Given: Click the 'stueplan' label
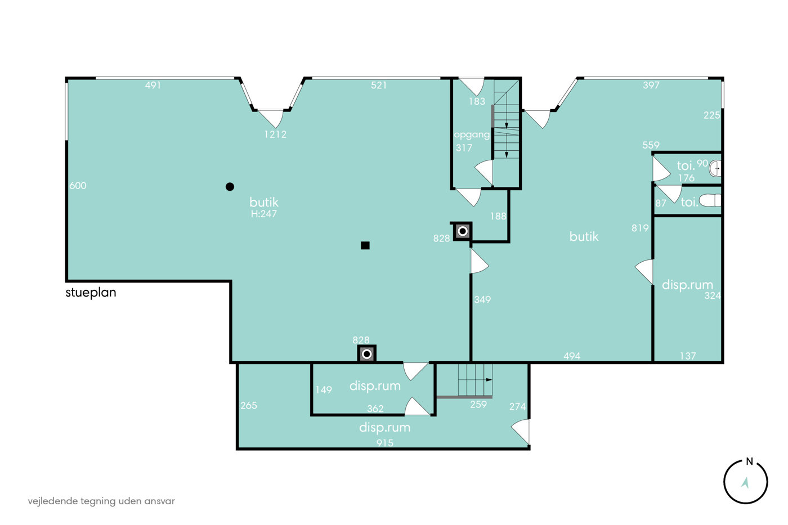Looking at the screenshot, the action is click(91, 293).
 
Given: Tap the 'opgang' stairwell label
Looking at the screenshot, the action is click(472, 135).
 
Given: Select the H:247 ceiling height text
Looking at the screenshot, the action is click(264, 214).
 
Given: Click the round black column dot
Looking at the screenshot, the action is click(230, 187).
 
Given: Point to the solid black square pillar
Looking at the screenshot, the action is click(365, 245).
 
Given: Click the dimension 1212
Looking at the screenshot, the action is click(275, 134).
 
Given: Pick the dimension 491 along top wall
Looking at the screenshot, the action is click(153, 85).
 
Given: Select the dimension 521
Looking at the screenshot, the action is click(379, 85).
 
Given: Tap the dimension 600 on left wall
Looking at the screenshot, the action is click(78, 186).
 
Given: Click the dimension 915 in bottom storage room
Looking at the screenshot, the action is click(385, 443).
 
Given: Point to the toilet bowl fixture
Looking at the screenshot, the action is click(710, 200).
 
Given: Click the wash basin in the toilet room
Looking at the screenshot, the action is click(715, 168).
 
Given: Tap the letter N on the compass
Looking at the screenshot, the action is click(749, 462).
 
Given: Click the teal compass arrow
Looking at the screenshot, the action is click(745, 482).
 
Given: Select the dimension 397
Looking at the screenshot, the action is click(651, 85).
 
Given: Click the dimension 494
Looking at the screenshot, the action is click(572, 356).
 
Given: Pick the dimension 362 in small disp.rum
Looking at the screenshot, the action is click(375, 409).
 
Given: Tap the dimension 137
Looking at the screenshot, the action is click(688, 356).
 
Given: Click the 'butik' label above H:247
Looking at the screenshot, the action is click(264, 202).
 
